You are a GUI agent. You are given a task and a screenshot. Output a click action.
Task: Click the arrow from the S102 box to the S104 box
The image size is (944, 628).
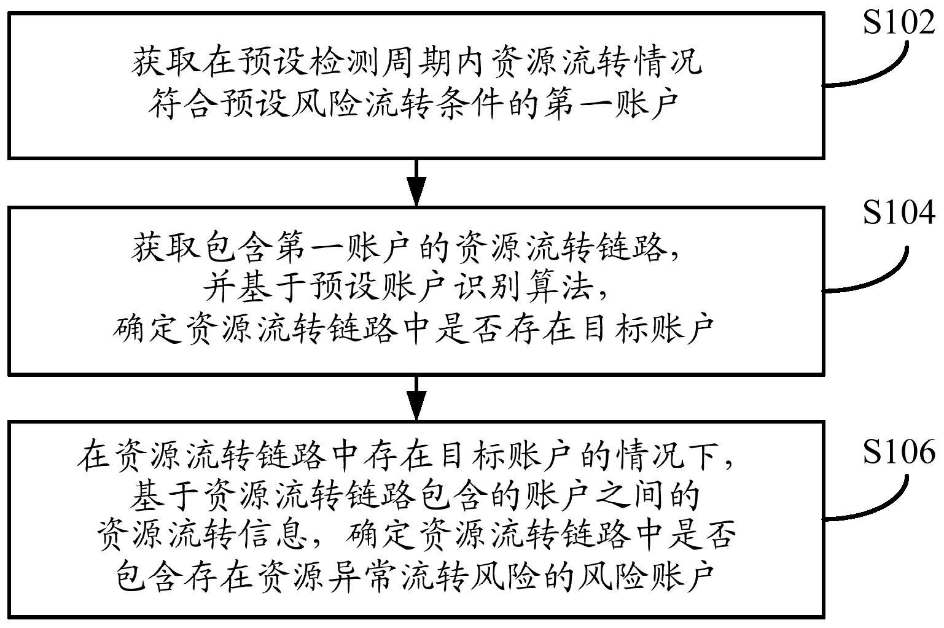(417, 182)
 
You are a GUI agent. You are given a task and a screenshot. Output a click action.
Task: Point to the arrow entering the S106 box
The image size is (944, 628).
(417, 397)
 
